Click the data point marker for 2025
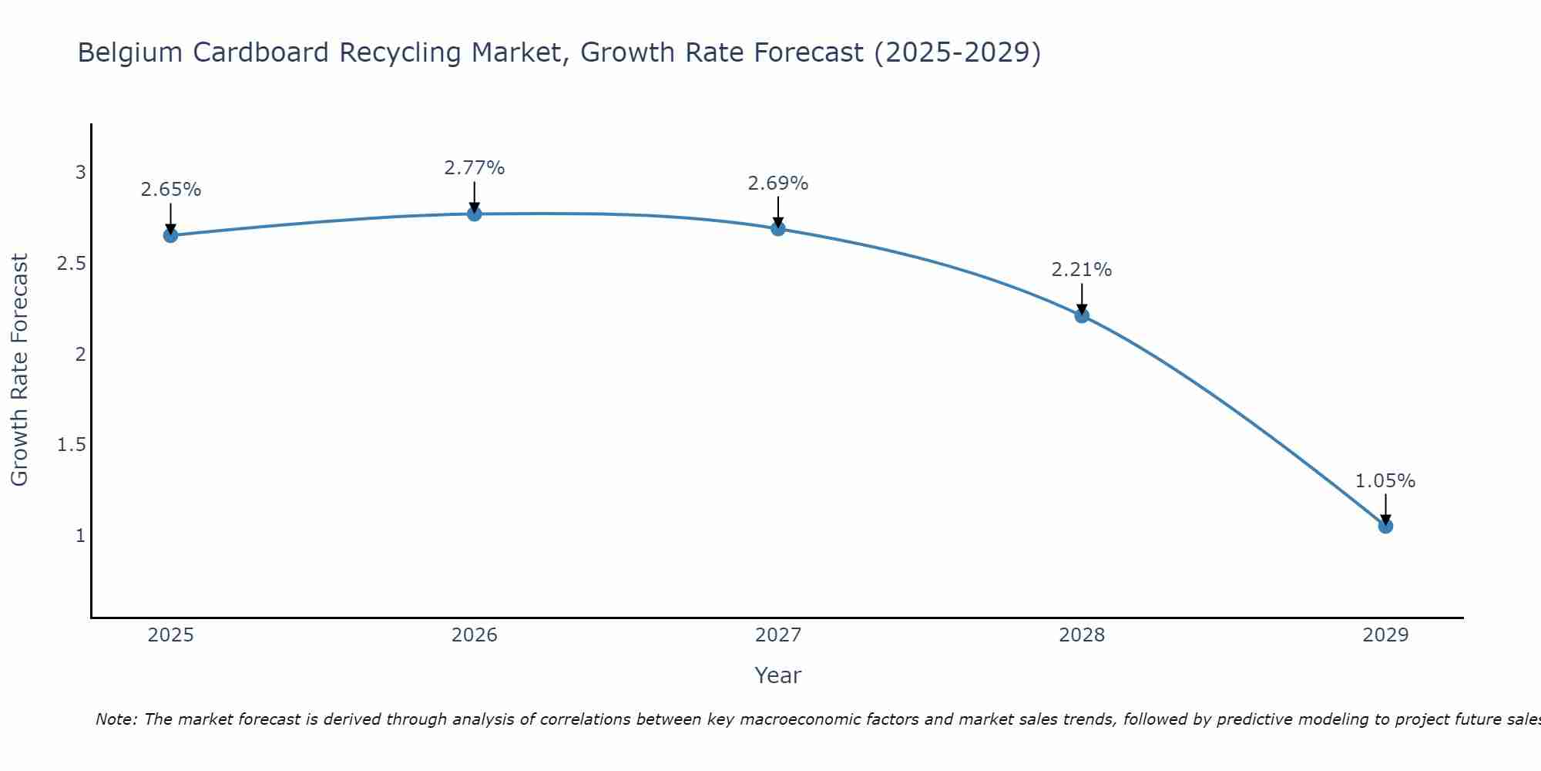171,235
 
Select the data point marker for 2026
475,214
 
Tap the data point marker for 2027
778,228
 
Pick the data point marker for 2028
1082,315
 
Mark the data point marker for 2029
1385,526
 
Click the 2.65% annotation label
171,190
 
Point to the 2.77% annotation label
475,168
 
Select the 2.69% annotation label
778,183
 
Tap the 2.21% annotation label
1082,270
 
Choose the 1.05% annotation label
1385,481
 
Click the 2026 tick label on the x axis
475,635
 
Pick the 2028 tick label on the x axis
1082,635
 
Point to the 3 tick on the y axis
80,173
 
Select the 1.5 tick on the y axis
71,445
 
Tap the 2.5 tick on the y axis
71,264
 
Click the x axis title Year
778,675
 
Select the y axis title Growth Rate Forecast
19,370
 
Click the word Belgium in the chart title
131,52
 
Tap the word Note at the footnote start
115,719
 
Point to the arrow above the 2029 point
1385,509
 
